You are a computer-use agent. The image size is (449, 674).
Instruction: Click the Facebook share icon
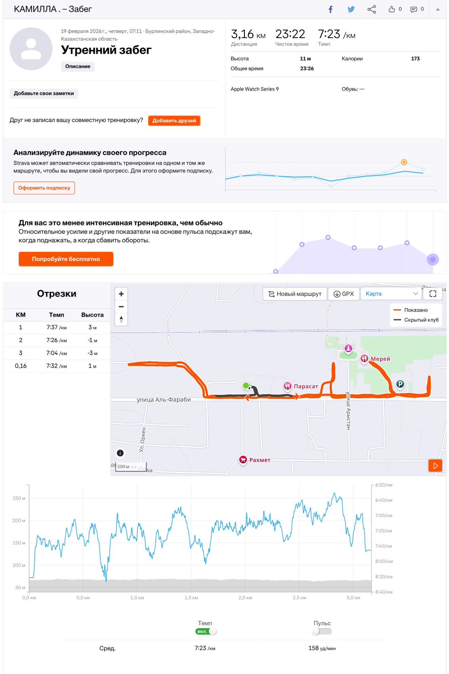(330, 9)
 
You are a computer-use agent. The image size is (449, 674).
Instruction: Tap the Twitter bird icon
(351, 9)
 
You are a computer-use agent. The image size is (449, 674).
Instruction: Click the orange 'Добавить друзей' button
(174, 121)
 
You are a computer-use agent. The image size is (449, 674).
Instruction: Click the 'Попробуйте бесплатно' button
(66, 259)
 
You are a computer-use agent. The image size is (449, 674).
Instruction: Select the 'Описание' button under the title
(78, 66)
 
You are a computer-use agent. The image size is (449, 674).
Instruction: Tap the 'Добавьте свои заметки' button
(44, 93)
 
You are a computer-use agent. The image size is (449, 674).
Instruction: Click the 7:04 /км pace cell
(56, 353)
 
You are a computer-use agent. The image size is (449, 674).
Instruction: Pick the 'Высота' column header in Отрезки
(92, 315)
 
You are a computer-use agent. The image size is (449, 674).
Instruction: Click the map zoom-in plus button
(121, 294)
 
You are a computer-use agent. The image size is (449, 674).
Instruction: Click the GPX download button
(344, 294)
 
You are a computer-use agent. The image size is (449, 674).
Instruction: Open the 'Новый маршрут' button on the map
(295, 294)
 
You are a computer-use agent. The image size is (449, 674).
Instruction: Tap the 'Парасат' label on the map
(306, 386)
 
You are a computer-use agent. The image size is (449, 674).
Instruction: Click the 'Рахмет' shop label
(260, 460)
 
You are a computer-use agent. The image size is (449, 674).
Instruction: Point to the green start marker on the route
(246, 385)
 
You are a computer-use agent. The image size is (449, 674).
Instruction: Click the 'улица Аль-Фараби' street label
(164, 400)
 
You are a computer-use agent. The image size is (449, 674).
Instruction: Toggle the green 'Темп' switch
(206, 631)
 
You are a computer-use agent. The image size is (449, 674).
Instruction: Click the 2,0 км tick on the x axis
(245, 598)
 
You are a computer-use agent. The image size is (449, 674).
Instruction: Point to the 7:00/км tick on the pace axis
(384, 515)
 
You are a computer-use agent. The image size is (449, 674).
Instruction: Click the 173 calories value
(415, 59)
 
